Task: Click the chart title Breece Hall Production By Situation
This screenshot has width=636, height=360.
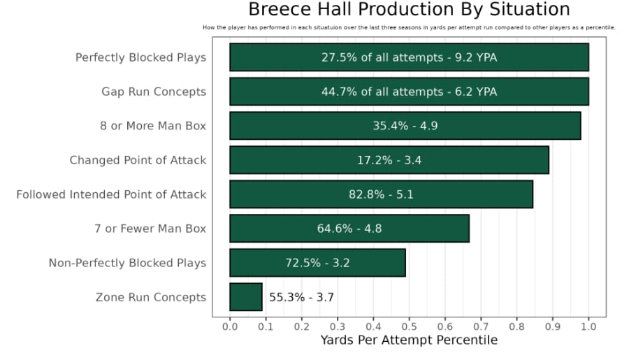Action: pyautogui.click(x=409, y=10)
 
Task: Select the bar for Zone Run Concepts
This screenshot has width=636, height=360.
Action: pyautogui.click(x=245, y=297)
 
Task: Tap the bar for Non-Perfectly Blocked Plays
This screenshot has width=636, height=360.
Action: pyautogui.click(x=317, y=263)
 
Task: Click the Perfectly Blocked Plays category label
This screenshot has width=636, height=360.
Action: pyautogui.click(x=140, y=57)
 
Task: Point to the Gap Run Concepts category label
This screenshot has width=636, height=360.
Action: pyautogui.click(x=154, y=92)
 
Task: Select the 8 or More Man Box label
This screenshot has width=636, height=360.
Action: pyautogui.click(x=153, y=126)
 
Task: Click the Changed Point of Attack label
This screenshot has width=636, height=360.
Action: pyautogui.click(x=138, y=160)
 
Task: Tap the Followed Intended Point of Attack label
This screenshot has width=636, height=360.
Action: pyautogui.click(x=111, y=194)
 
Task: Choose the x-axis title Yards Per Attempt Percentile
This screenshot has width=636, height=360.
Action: pyautogui.click(x=409, y=340)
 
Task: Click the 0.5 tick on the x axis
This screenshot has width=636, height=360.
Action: pyautogui.click(x=409, y=326)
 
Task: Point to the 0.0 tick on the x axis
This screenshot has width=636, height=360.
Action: pyautogui.click(x=230, y=326)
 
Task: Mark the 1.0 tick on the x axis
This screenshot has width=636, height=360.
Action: pyautogui.click(x=588, y=326)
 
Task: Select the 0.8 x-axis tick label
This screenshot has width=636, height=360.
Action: pyautogui.click(x=516, y=326)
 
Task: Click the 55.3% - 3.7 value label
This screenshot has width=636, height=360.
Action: pyautogui.click(x=301, y=297)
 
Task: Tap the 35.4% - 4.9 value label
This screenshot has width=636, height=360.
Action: pyautogui.click(x=405, y=126)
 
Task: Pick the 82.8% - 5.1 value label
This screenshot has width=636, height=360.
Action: pyautogui.click(x=381, y=194)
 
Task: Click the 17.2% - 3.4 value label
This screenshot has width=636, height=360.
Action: pyautogui.click(x=389, y=160)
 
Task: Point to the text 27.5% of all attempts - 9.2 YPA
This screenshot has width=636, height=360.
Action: pyautogui.click(x=409, y=57)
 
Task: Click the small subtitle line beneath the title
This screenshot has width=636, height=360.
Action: pyautogui.click(x=409, y=28)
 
